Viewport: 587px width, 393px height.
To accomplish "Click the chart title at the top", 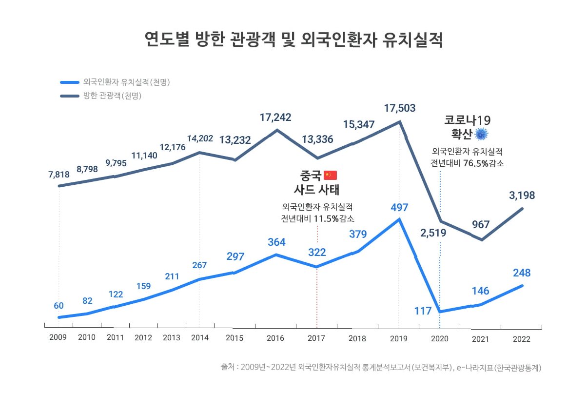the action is pyautogui.click(x=293, y=40).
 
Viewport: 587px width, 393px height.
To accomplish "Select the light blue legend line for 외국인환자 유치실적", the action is pyautogui.click(x=70, y=82).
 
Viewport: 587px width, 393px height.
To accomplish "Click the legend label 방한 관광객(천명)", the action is pyautogui.click(x=113, y=96).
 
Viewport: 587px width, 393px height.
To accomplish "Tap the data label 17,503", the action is pyautogui.click(x=400, y=108).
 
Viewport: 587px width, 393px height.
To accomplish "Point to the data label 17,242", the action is pyautogui.click(x=275, y=118).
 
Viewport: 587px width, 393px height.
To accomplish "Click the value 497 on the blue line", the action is pyautogui.click(x=399, y=208).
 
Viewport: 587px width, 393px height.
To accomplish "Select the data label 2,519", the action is pyautogui.click(x=433, y=233).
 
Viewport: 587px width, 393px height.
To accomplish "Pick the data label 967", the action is pyautogui.click(x=481, y=224).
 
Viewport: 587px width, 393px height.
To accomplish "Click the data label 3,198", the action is pyautogui.click(x=522, y=196).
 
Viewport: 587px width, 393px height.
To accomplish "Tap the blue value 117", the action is pyautogui.click(x=423, y=311).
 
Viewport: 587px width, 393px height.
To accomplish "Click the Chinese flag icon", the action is pyautogui.click(x=330, y=175).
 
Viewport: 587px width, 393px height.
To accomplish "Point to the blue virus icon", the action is pyautogui.click(x=481, y=134).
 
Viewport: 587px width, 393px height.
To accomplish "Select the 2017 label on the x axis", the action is pyautogui.click(x=316, y=338).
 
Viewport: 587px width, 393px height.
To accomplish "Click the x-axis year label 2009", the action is pyautogui.click(x=58, y=337).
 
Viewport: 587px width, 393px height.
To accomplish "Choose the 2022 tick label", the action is pyautogui.click(x=522, y=339).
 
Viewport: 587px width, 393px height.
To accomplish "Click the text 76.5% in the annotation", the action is pyautogui.click(x=476, y=163).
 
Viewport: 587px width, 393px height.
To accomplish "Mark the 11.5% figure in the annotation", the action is pyautogui.click(x=326, y=218).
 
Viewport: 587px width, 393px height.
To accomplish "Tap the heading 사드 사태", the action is pyautogui.click(x=316, y=190).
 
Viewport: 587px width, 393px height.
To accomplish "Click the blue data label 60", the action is pyautogui.click(x=59, y=306).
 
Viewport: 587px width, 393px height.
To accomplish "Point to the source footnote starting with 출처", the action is pyautogui.click(x=381, y=368).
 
